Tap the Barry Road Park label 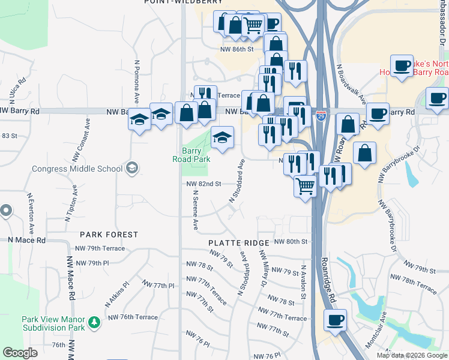(196, 155)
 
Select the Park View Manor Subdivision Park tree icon (94, 323)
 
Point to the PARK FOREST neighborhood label (110, 235)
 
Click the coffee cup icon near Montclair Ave (335, 319)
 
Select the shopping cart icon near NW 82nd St (305, 186)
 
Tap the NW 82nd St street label (204, 184)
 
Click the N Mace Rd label (26, 239)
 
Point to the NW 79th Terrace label (100, 248)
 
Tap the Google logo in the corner (20, 353)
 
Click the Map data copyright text (412, 355)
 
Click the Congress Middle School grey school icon (131, 169)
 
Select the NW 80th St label (291, 241)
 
